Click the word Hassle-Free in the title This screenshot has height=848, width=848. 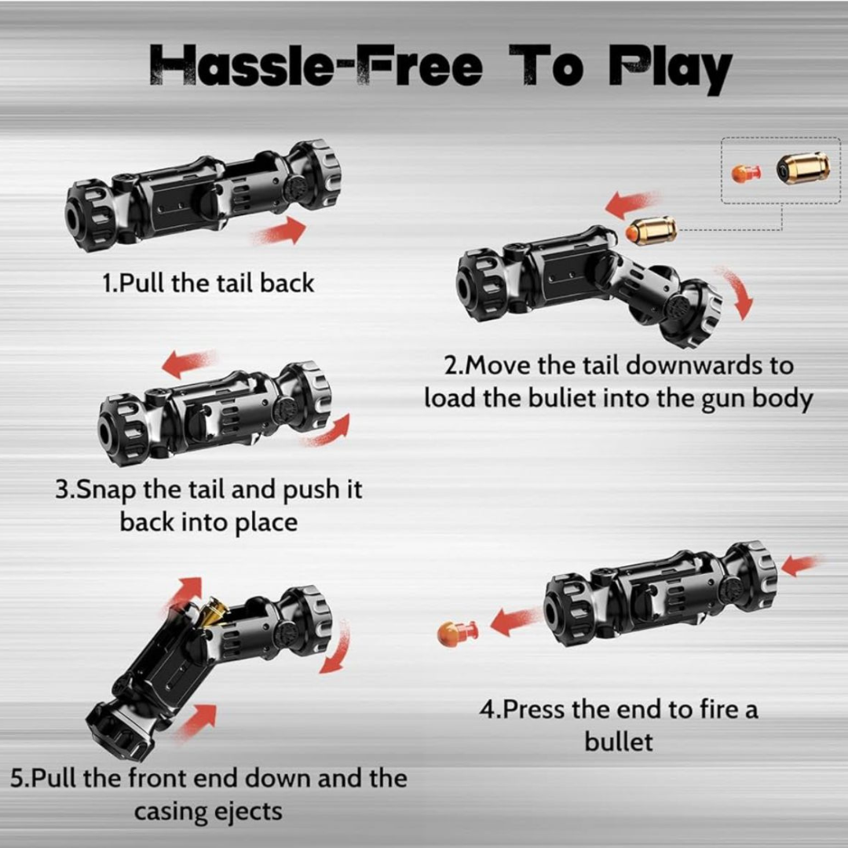pos(316,65)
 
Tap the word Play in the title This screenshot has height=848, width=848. pos(670,68)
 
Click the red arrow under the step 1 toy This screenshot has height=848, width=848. pos(279,231)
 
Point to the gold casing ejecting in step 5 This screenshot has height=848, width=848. pos(212,612)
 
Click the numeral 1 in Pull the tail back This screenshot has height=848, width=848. pos(107,283)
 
